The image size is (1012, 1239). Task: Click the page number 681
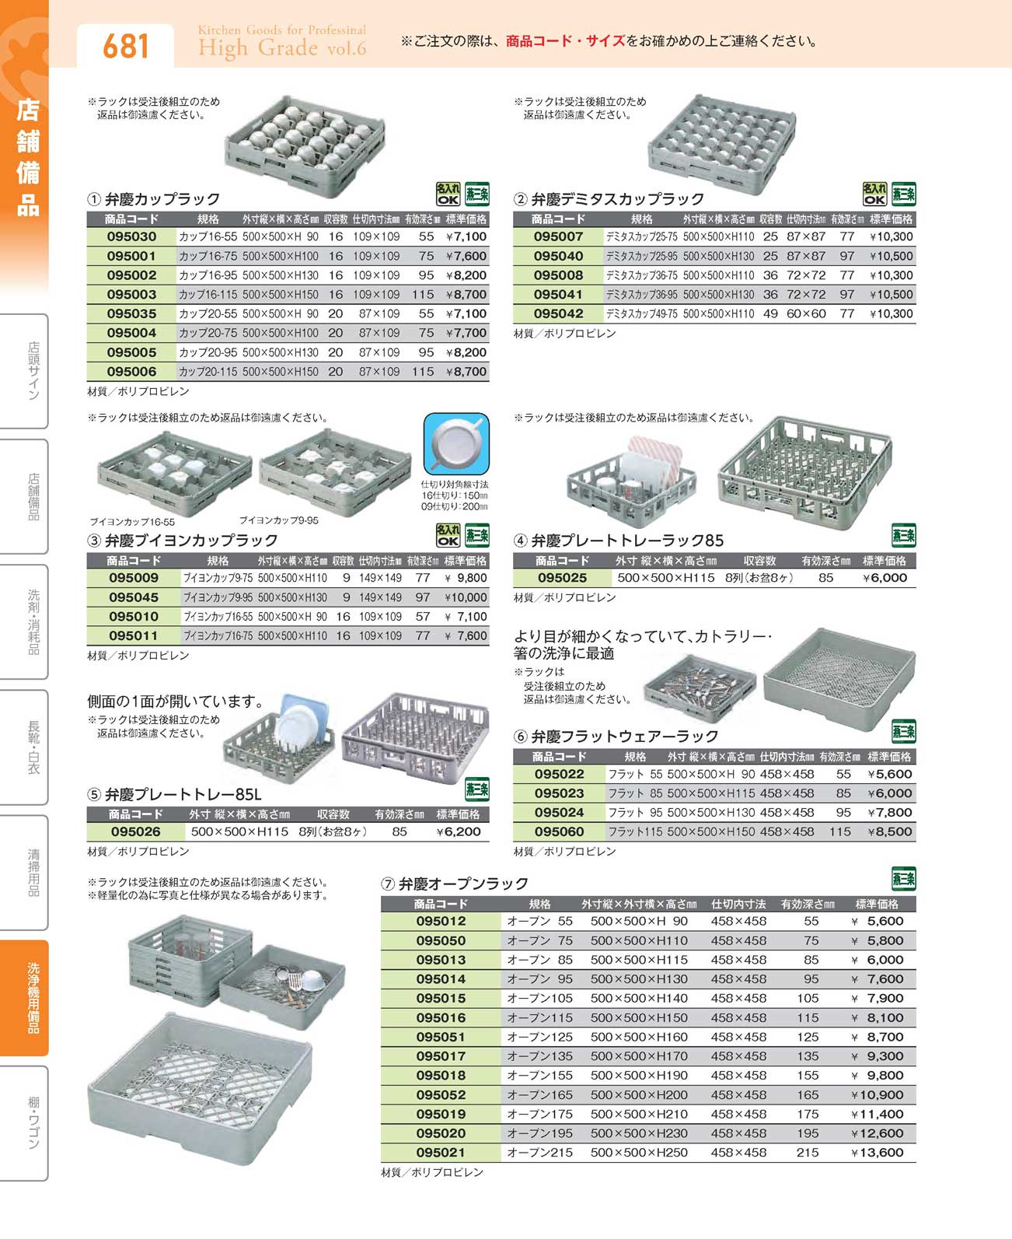click(x=126, y=46)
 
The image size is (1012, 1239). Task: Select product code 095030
click(x=131, y=236)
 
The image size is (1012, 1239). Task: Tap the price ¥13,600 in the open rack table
click(x=878, y=1153)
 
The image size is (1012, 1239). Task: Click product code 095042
click(x=558, y=313)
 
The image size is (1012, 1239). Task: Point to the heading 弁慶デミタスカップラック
click(x=617, y=199)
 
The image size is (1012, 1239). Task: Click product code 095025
click(x=562, y=578)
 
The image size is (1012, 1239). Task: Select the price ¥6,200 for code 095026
click(x=459, y=831)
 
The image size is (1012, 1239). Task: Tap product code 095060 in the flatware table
click(x=559, y=831)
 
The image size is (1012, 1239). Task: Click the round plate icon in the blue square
click(x=456, y=443)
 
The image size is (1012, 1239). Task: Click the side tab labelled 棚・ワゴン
click(x=31, y=1122)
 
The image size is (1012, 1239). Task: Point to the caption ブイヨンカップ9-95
click(x=278, y=520)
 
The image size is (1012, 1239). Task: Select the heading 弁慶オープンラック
click(x=463, y=884)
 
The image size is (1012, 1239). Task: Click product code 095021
click(x=441, y=1153)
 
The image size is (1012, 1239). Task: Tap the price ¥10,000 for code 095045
click(x=466, y=597)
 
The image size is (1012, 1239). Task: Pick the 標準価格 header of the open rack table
click(x=877, y=904)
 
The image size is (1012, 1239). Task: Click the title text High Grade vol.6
click(x=281, y=48)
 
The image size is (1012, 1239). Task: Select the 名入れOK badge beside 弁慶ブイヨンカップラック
click(x=448, y=535)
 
